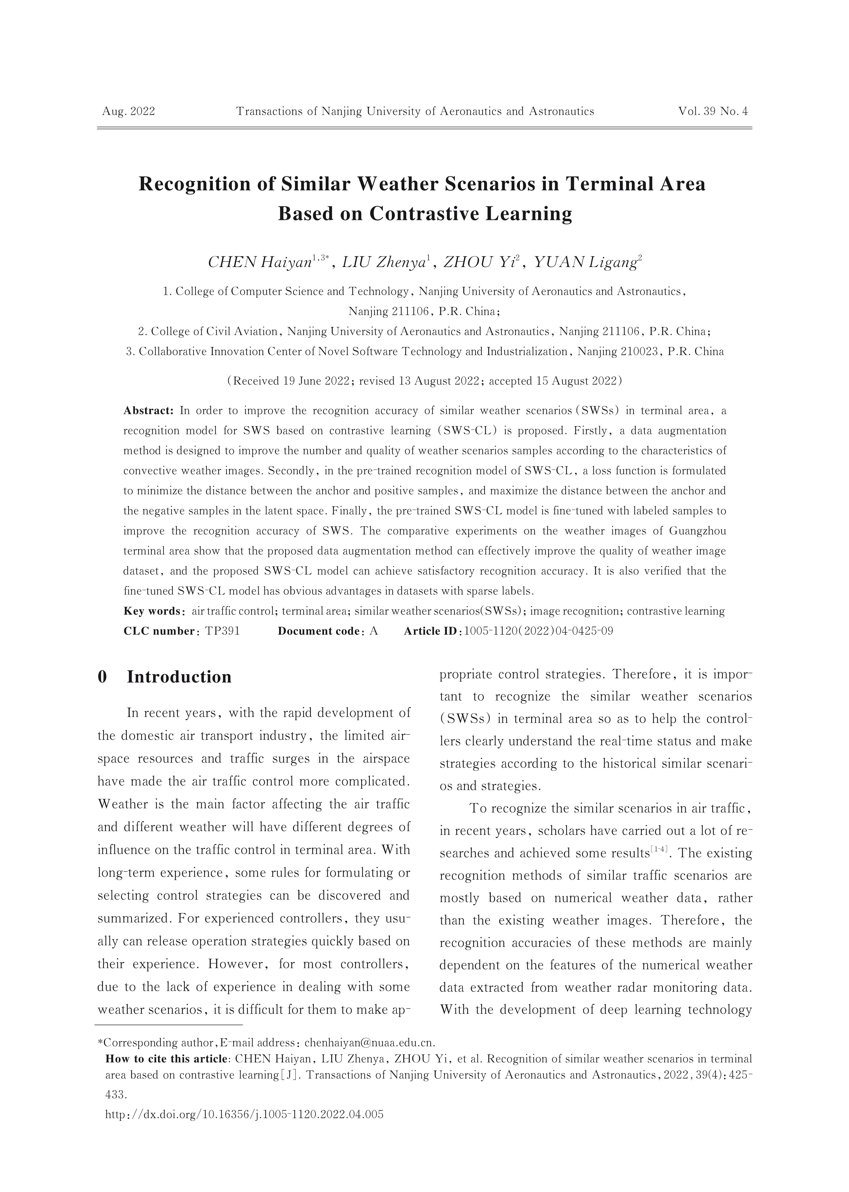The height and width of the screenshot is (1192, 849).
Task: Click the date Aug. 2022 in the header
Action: click(x=129, y=111)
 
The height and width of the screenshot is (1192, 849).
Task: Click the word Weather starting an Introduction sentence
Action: click(x=123, y=804)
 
